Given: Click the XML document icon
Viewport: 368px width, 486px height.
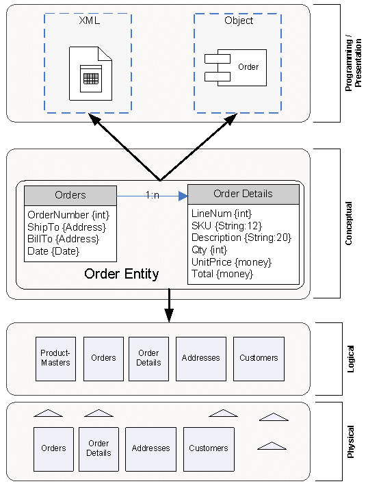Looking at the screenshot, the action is (x=90, y=73).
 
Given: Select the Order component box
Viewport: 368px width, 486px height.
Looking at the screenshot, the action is (x=235, y=68).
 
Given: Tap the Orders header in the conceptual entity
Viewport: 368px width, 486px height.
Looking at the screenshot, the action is (x=70, y=195).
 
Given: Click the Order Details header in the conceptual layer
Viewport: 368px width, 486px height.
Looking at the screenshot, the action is (x=243, y=194).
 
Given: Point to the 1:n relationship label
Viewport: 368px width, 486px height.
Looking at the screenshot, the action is (x=153, y=195).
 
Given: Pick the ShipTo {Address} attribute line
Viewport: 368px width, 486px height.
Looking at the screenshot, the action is (x=66, y=227).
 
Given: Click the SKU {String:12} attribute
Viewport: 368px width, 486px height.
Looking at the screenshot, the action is (x=226, y=226).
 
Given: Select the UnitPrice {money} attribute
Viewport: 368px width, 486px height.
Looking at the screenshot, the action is (x=231, y=262).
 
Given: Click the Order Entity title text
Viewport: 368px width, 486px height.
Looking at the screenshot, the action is (x=122, y=274).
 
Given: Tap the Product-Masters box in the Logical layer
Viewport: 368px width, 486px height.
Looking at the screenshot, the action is (x=56, y=359).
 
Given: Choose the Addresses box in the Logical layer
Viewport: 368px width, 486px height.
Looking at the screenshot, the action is (x=201, y=359).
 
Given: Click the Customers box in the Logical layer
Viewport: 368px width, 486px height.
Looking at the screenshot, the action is (x=259, y=359).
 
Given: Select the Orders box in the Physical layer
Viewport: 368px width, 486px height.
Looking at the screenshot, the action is (x=53, y=449).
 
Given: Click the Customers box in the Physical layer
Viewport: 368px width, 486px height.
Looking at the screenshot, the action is (x=209, y=449).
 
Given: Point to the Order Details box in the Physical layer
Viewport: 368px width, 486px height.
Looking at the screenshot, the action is (x=98, y=449).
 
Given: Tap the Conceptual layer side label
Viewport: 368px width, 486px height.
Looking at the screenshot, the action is (x=349, y=223).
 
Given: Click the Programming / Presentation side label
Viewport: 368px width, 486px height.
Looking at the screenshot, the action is (x=353, y=64).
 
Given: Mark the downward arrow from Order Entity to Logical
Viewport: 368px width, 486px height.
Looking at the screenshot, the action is (x=169, y=305).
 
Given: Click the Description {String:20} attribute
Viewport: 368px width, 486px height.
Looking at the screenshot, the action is (x=241, y=238).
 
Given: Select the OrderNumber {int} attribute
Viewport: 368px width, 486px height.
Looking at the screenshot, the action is (x=68, y=215).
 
